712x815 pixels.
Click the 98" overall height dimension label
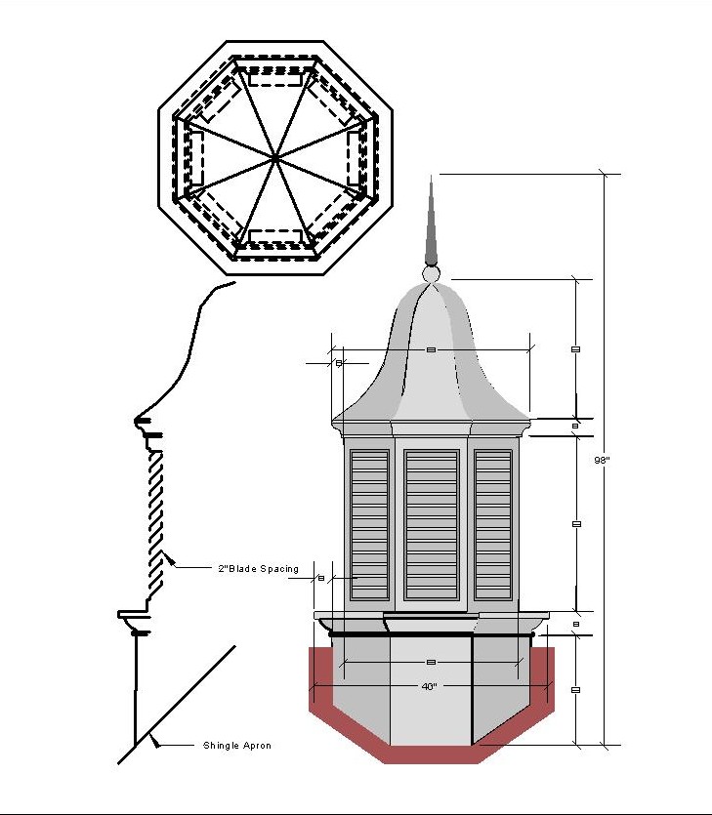tap(603, 460)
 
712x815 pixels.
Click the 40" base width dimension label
tap(429, 686)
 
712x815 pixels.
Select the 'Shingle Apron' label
tap(237, 746)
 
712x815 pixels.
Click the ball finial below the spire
tap(431, 273)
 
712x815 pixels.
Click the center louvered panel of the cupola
tap(431, 524)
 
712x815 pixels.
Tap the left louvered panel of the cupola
tap(369, 524)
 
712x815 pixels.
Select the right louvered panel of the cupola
tap(493, 524)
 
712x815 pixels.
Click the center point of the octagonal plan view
tap(275, 157)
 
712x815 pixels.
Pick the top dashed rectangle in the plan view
tap(275, 77)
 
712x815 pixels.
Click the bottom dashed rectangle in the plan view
tap(275, 237)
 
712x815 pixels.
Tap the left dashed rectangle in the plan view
tap(195, 157)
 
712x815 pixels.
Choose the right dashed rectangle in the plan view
tap(356, 157)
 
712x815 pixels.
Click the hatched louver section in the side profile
tap(155, 522)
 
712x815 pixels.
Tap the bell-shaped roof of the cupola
tap(431, 361)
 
